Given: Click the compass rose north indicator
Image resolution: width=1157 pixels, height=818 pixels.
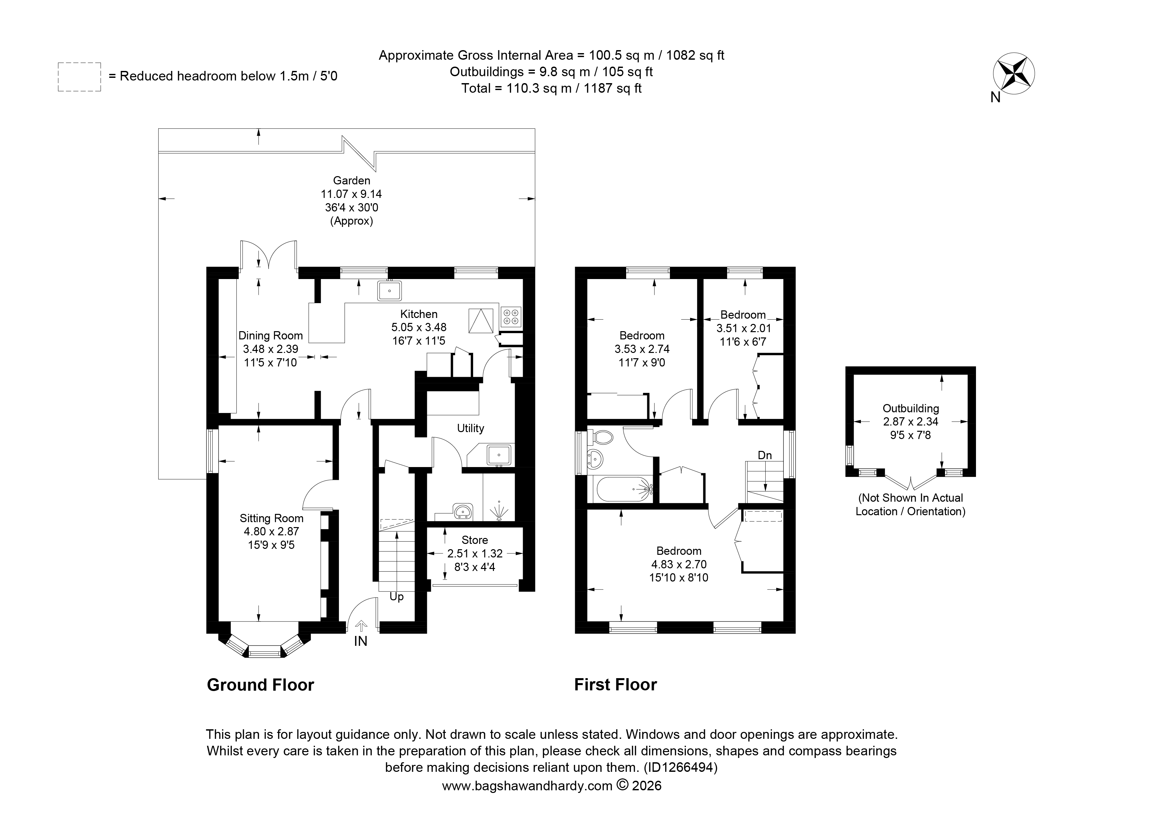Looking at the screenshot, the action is (x=1013, y=75).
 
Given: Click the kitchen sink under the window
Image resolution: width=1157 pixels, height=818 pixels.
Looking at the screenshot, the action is (x=389, y=290).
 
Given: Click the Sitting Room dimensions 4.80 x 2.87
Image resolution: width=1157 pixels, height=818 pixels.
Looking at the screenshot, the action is (x=272, y=531).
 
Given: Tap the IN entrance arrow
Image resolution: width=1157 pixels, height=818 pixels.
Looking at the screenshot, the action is (x=361, y=626).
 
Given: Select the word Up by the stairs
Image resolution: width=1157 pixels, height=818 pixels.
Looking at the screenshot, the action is (x=397, y=597).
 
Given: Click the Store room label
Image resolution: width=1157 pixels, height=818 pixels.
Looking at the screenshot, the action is (x=475, y=540).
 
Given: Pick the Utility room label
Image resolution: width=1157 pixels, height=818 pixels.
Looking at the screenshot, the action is (x=471, y=428).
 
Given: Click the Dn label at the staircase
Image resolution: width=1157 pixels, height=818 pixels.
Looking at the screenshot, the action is (x=765, y=455).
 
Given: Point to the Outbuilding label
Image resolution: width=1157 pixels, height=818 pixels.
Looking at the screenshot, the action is (x=911, y=408).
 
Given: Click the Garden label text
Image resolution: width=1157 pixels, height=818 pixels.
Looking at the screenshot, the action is (x=352, y=180).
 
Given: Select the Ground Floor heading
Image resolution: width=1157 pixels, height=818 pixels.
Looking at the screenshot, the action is (x=260, y=685).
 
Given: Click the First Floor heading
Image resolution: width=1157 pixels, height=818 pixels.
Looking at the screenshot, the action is (x=616, y=684).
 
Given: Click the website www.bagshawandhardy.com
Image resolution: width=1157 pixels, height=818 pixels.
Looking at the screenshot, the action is (x=527, y=785).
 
